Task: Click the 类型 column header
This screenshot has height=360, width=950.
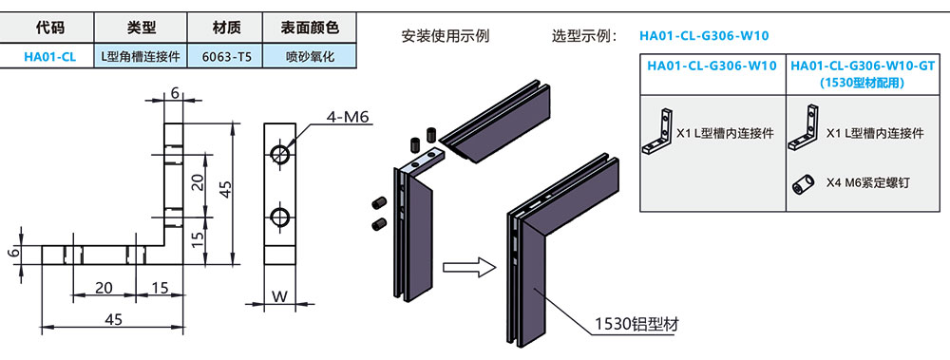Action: pos(142,28)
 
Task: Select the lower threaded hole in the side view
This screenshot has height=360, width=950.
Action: pos(280,217)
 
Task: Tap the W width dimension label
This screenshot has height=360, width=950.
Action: pos(279,297)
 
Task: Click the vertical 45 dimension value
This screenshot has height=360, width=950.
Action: pos(225,189)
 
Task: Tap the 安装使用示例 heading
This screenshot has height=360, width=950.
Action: pos(446,36)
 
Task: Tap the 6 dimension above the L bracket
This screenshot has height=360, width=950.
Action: pos(175,93)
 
